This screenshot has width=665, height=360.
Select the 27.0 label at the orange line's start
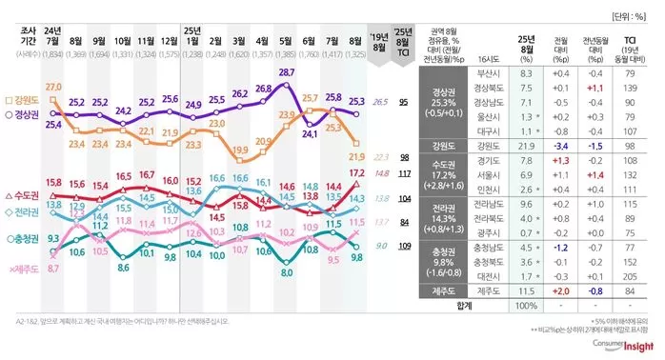click(x=53, y=88)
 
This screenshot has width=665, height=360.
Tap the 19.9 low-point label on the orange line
click(x=239, y=150)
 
